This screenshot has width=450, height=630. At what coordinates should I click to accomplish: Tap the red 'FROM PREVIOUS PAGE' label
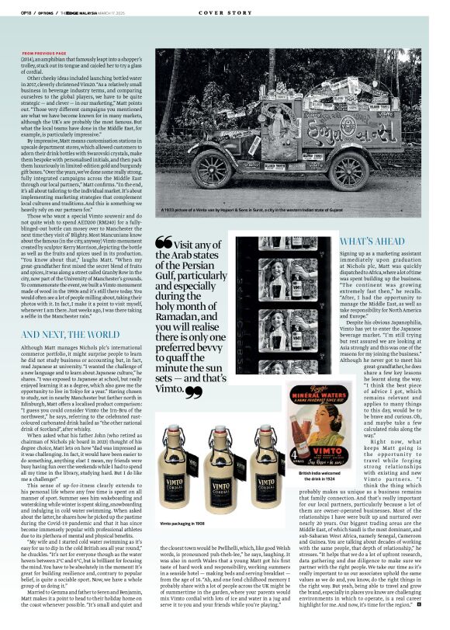tap(44, 53)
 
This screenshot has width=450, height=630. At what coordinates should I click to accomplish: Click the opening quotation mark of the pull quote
tap(164, 242)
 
